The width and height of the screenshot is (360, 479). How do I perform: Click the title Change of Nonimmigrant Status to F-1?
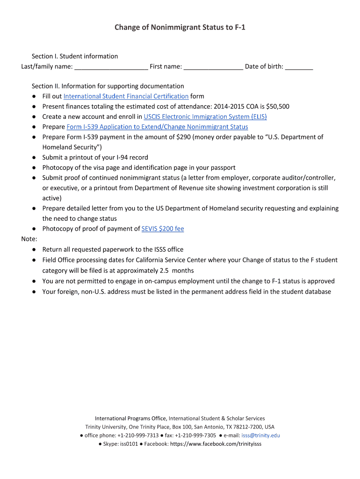pyautogui.click(x=180, y=28)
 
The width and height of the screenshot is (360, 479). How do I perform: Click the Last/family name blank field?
pyautogui.click(x=111, y=67)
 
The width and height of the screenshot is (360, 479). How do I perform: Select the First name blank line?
pyautogui.click(x=213, y=67)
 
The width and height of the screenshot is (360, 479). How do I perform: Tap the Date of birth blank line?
pyautogui.click(x=299, y=67)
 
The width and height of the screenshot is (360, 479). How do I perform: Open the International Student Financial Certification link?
pyautogui.click(x=126, y=96)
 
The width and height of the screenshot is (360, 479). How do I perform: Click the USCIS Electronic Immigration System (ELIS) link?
pyautogui.click(x=205, y=116)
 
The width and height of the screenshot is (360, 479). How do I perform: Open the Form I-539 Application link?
pyautogui.click(x=157, y=127)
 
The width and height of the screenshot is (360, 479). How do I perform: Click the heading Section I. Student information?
pyautogui.click(x=75, y=56)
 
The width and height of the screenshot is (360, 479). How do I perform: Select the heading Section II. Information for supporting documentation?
pyautogui.click(x=108, y=86)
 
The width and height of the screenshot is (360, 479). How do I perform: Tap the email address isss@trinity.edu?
pyautogui.click(x=260, y=435)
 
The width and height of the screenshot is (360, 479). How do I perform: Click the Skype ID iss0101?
pyautogui.click(x=129, y=444)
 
